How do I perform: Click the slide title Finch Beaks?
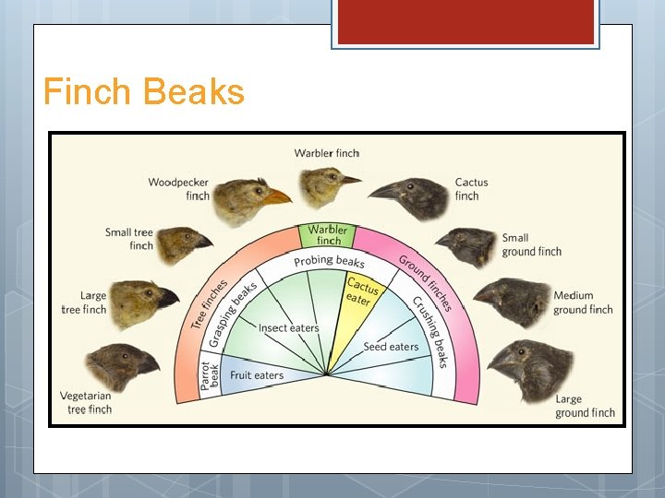[143, 92]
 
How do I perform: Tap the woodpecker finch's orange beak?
[276, 196]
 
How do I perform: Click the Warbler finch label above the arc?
[326, 153]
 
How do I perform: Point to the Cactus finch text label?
[471, 189]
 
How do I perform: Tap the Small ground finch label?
[531, 244]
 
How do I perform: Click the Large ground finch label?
[584, 406]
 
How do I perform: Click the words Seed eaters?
[391, 347]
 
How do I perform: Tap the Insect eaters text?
[288, 327]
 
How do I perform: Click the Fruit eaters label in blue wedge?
[257, 375]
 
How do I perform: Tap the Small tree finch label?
[129, 239]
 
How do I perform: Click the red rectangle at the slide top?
[465, 21]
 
